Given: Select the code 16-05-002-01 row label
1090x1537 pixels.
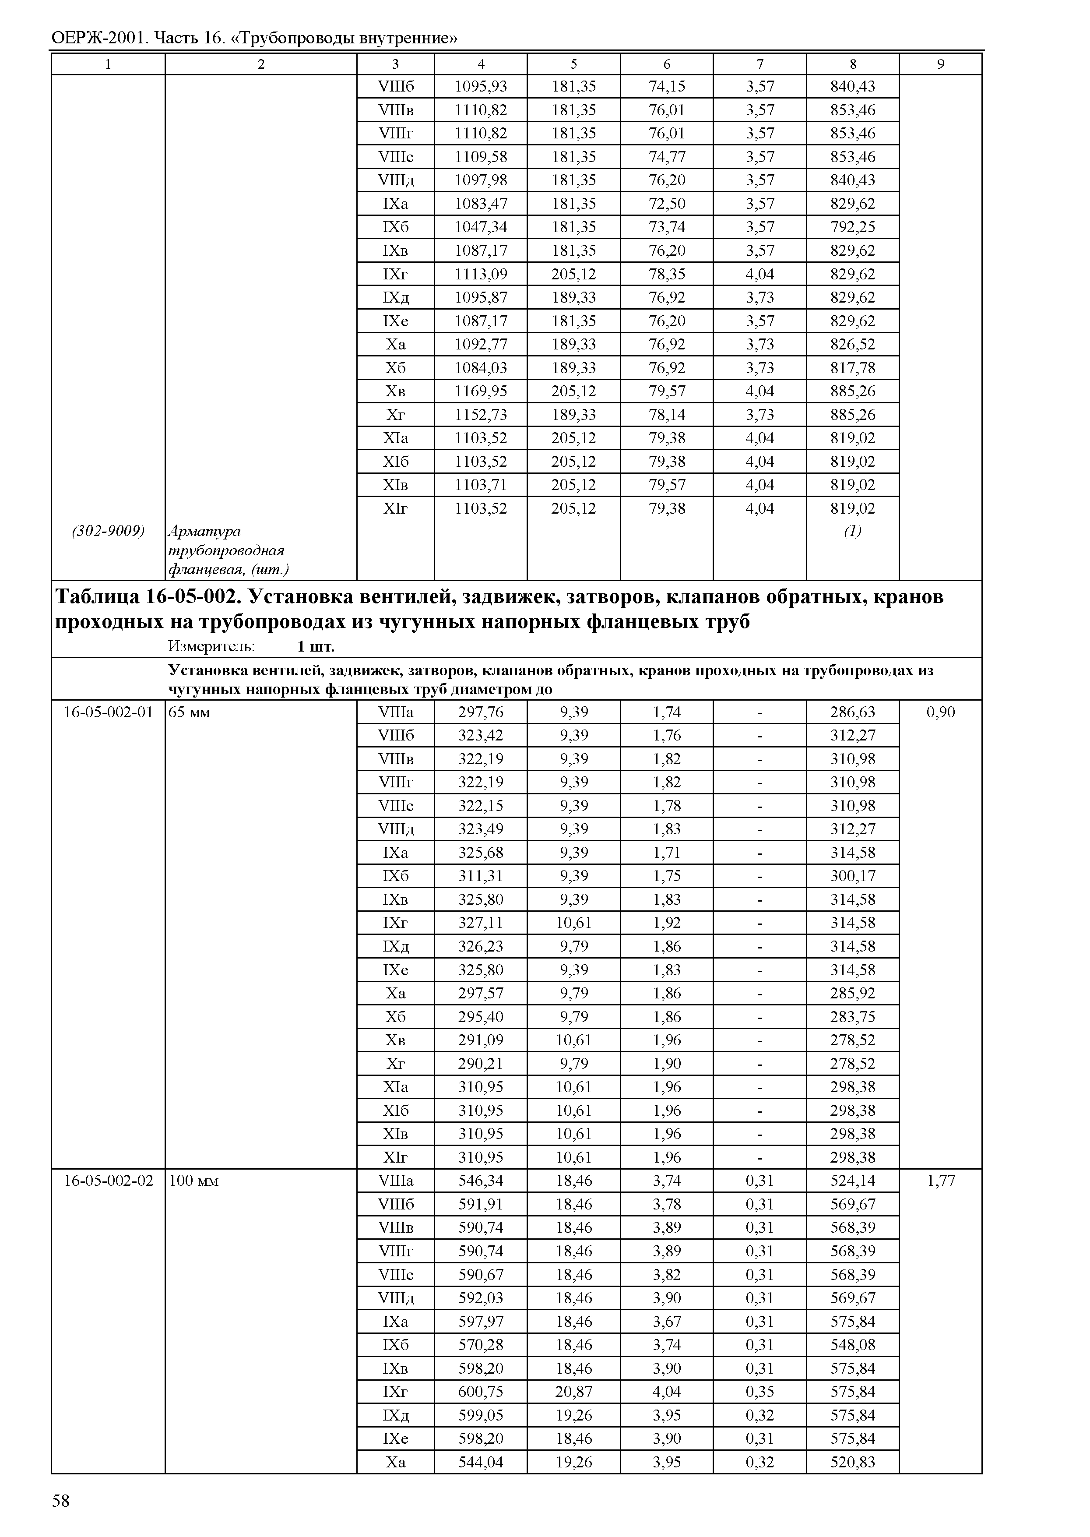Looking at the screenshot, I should tap(108, 712).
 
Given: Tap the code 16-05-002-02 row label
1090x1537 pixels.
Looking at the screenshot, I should tap(108, 1181).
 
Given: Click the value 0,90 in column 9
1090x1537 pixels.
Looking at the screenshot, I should tap(940, 712).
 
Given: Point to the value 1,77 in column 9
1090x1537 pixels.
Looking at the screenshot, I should tap(940, 1181).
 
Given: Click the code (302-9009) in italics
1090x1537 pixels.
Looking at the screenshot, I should tap(108, 531).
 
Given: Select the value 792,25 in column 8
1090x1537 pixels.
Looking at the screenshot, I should tap(852, 227).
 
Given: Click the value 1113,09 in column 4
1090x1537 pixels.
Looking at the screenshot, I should tap(481, 274).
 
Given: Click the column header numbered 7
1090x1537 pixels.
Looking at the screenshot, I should tap(760, 64).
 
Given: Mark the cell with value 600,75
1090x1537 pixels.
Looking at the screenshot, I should tap(481, 1392).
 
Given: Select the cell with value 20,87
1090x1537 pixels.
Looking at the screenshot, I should tap(574, 1392).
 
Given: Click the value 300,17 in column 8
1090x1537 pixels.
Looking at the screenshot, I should tap(852, 876).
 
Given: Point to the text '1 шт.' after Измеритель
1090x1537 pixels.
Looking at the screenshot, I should tap(316, 647).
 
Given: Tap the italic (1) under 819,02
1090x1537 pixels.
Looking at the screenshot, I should tap(852, 531).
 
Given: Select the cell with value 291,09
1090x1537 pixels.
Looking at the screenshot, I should tap(481, 1040).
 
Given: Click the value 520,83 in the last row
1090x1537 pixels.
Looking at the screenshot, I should tap(852, 1463).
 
